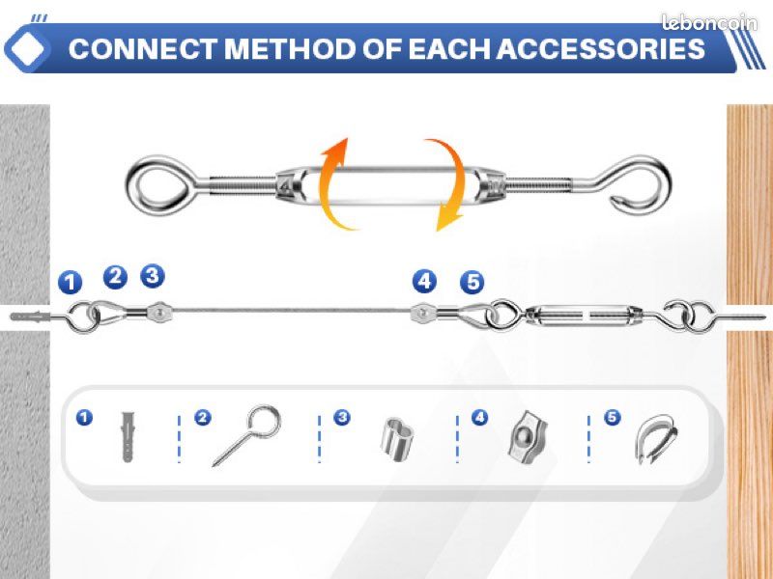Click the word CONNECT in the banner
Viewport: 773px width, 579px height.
pyautogui.click(x=143, y=49)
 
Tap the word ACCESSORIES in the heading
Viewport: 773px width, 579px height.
pyautogui.click(x=600, y=49)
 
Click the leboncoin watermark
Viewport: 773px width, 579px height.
pyautogui.click(x=709, y=22)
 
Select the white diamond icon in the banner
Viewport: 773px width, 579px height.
pyautogui.click(x=27, y=49)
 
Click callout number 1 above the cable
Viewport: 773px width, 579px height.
pyautogui.click(x=70, y=282)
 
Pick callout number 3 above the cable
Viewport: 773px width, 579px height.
pyautogui.click(x=153, y=276)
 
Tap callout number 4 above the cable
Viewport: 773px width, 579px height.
pyautogui.click(x=424, y=281)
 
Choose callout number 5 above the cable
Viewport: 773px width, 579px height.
pyautogui.click(x=472, y=282)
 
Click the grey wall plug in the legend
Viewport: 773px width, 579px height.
pyautogui.click(x=128, y=437)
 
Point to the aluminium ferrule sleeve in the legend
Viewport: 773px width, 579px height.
pyautogui.click(x=396, y=439)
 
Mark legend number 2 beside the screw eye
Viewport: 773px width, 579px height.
pyautogui.click(x=203, y=418)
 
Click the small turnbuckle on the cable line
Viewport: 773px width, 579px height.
pyautogui.click(x=585, y=315)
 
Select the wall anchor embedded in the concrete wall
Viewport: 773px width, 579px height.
pyautogui.click(x=31, y=317)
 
